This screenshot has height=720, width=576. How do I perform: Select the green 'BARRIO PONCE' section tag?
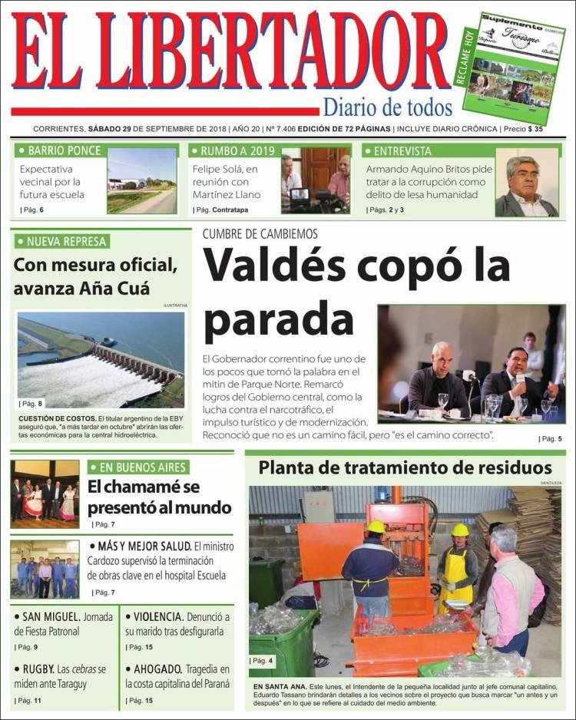point(60,150)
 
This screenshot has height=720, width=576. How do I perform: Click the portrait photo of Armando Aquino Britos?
point(527,182)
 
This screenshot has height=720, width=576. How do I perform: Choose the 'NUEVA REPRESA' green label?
point(62,242)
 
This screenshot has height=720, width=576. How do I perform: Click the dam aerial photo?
point(101,359)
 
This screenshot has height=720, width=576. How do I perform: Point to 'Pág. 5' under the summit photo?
point(550,438)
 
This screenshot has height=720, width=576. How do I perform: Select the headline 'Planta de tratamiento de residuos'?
point(405,467)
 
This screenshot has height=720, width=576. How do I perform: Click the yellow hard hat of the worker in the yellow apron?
point(460,530)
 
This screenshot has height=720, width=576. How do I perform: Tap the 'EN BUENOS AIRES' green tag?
point(138,467)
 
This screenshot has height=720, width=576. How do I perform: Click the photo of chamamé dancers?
point(45,494)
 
